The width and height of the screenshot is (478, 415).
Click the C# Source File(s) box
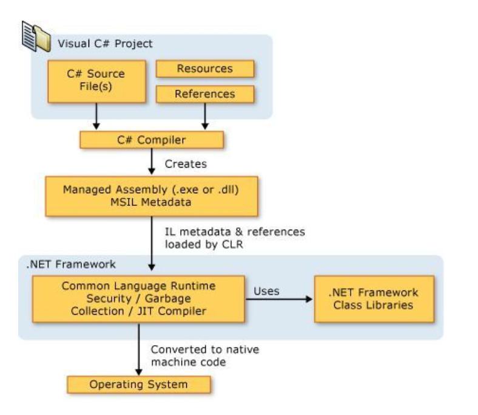tap(96, 81)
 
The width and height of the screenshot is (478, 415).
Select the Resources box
tap(205, 69)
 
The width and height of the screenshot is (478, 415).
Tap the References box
tap(205, 94)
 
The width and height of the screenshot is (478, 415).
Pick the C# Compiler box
tap(152, 140)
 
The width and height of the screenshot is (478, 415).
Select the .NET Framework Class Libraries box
tap(373, 299)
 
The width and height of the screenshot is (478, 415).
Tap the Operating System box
tap(139, 385)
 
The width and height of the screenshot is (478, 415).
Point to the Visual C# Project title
tap(105, 44)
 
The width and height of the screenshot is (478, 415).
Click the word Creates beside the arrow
tap(186, 164)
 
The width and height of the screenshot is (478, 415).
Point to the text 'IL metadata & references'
tap(235, 232)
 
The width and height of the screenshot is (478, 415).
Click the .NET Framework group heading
tap(67, 264)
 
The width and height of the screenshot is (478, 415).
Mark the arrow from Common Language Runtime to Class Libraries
tap(279, 300)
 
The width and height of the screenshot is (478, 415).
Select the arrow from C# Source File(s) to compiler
tap(96, 115)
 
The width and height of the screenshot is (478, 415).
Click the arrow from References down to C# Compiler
tap(205, 115)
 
